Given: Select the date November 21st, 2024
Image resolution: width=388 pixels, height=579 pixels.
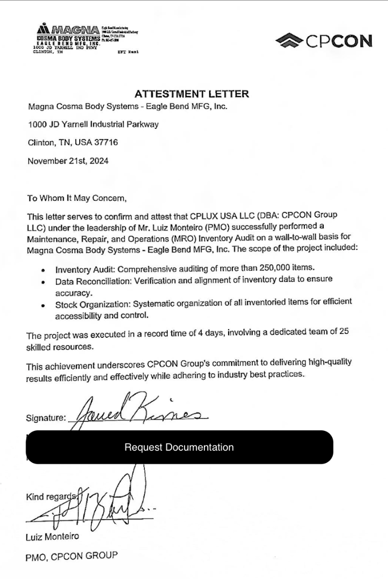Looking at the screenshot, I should pyautogui.click(x=68, y=161).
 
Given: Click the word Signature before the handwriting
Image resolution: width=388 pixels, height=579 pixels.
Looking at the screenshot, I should pyautogui.click(x=45, y=418).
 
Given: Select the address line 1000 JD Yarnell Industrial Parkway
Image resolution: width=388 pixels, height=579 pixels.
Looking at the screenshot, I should pyautogui.click(x=93, y=124).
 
